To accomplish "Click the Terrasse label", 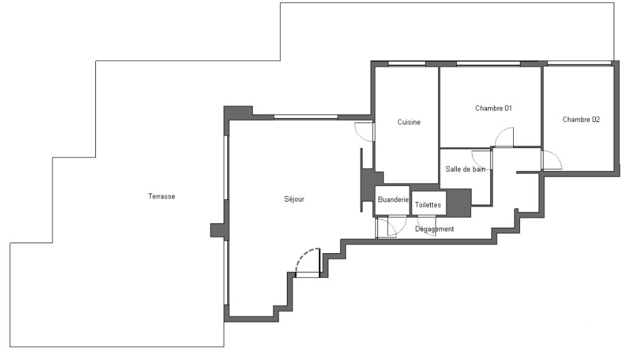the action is pyautogui.click(x=161, y=196).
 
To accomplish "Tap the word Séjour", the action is pyautogui.click(x=294, y=199).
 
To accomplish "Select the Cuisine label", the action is pyautogui.click(x=409, y=122).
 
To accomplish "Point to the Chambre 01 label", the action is pyautogui.click(x=493, y=108).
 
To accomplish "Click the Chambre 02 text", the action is pyautogui.click(x=581, y=120).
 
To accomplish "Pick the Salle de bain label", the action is pyautogui.click(x=465, y=169).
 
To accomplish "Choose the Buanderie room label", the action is pyautogui.click(x=393, y=199).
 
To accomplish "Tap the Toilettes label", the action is pyautogui.click(x=428, y=205).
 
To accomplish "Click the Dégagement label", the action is pyautogui.click(x=434, y=229).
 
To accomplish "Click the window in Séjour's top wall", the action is pyautogui.click(x=306, y=117).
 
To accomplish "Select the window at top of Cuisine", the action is pyautogui.click(x=406, y=64).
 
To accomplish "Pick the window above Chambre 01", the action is pyautogui.click(x=488, y=64).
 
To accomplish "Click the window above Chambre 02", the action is pyautogui.click(x=579, y=63).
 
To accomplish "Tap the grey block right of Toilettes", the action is pyautogui.click(x=459, y=203).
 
